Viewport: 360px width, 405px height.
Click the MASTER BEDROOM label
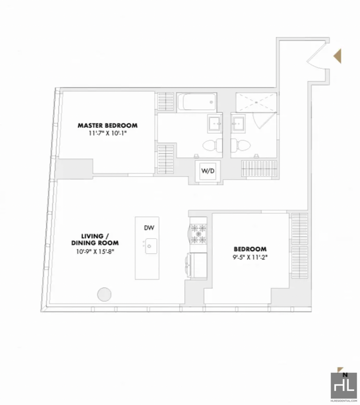pyautogui.click(x=108, y=126)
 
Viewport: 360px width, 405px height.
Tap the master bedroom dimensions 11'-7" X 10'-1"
pyautogui.click(x=108, y=133)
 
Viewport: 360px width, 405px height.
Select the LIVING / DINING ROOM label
pyautogui.click(x=94, y=239)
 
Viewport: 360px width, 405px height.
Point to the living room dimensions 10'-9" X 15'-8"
pyautogui.click(x=94, y=251)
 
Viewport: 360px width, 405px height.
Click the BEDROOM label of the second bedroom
pyautogui.click(x=250, y=249)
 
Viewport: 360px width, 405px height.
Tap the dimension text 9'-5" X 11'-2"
pyautogui.click(x=250, y=257)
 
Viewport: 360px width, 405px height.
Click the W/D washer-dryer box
pyautogui.click(x=208, y=171)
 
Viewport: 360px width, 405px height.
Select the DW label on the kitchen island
pyautogui.click(x=149, y=228)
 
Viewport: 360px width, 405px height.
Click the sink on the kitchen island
pyautogui.click(x=151, y=246)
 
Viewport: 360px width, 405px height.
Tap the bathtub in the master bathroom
pyautogui.click(x=197, y=102)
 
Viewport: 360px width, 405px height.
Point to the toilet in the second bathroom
pyautogui.click(x=241, y=146)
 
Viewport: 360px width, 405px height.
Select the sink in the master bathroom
pyautogui.click(x=215, y=123)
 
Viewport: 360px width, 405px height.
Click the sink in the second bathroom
pyautogui.click(x=238, y=123)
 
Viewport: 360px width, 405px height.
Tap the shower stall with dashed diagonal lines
pyautogui.click(x=256, y=103)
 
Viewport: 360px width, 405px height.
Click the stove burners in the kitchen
pyautogui.click(x=198, y=234)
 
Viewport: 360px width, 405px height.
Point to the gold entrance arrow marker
pyautogui.click(x=337, y=56)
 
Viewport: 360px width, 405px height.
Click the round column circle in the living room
pyautogui.click(x=104, y=294)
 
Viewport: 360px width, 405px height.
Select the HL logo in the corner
pyautogui.click(x=344, y=385)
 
